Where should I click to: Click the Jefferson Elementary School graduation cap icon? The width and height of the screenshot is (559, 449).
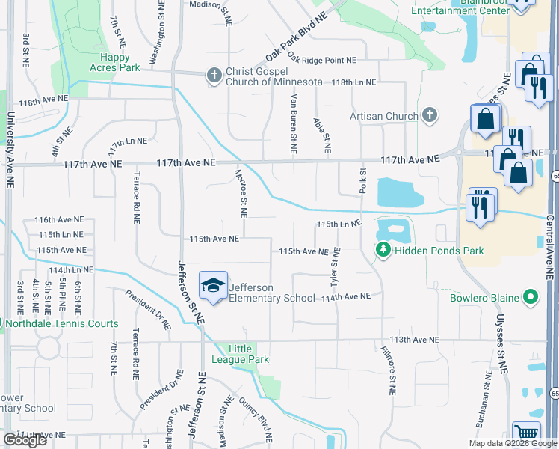[214, 286]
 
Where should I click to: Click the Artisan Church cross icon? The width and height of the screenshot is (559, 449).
[429, 115]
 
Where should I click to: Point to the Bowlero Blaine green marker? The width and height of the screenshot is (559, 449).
[531, 298]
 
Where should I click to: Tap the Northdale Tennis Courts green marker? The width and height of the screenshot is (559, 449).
[1, 323]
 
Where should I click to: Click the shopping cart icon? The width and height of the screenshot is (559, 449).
[528, 433]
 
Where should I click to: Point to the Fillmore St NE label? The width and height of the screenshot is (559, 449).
[387, 370]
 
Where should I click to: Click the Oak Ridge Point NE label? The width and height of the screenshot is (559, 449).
[323, 60]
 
